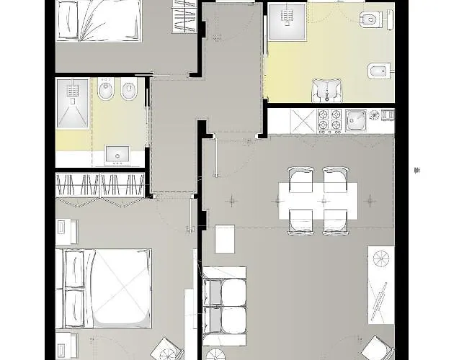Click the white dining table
click(318, 201)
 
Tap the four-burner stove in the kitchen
click(329, 121)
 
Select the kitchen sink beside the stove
click(355, 120)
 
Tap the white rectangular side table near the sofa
click(225, 240)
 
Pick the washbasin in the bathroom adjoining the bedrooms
click(116, 155)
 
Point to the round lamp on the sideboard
click(381, 256)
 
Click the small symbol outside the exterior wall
click(416, 171)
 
